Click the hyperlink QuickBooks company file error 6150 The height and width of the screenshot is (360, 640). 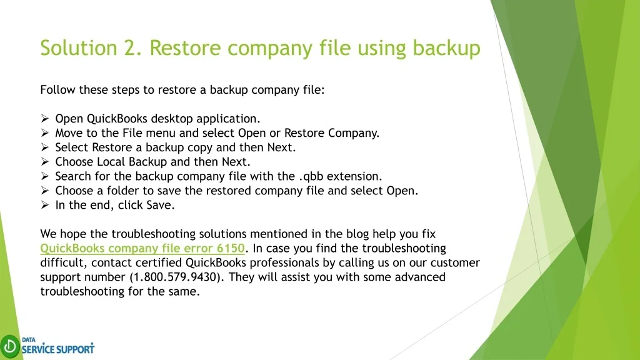tap(142, 248)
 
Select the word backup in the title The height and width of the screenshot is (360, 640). tap(446, 48)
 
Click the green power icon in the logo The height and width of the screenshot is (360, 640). tap(10, 346)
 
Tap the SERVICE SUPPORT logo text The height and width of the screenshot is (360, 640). tap(58, 349)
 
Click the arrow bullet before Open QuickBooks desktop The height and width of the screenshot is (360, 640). tap(45, 118)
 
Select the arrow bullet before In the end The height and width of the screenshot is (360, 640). tap(45, 205)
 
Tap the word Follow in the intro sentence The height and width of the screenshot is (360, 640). tap(57, 90)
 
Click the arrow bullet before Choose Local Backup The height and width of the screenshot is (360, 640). tap(45, 162)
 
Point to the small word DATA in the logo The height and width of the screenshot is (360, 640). tap(29, 339)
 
